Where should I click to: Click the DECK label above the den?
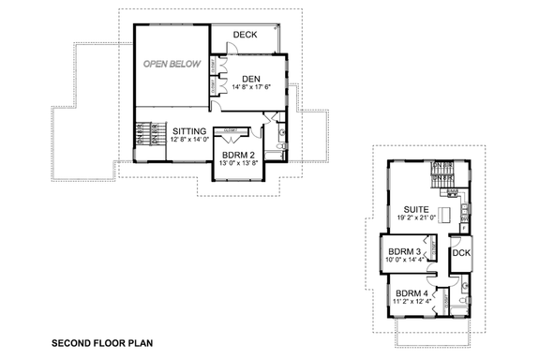coord(246,35)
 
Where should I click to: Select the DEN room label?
coord(250,78)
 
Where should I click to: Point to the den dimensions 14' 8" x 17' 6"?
coord(249,88)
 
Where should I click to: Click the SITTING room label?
coord(191,132)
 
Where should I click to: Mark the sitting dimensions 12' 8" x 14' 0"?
coord(191,142)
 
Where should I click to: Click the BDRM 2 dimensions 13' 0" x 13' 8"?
coord(239,165)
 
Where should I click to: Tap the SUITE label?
coord(417,209)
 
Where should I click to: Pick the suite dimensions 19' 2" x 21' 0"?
coord(417,218)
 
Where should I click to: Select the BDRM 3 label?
coord(405,252)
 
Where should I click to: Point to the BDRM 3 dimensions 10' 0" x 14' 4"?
coord(405,261)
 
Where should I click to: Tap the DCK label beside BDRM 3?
coord(461,253)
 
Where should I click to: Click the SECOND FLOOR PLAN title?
coord(101,343)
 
